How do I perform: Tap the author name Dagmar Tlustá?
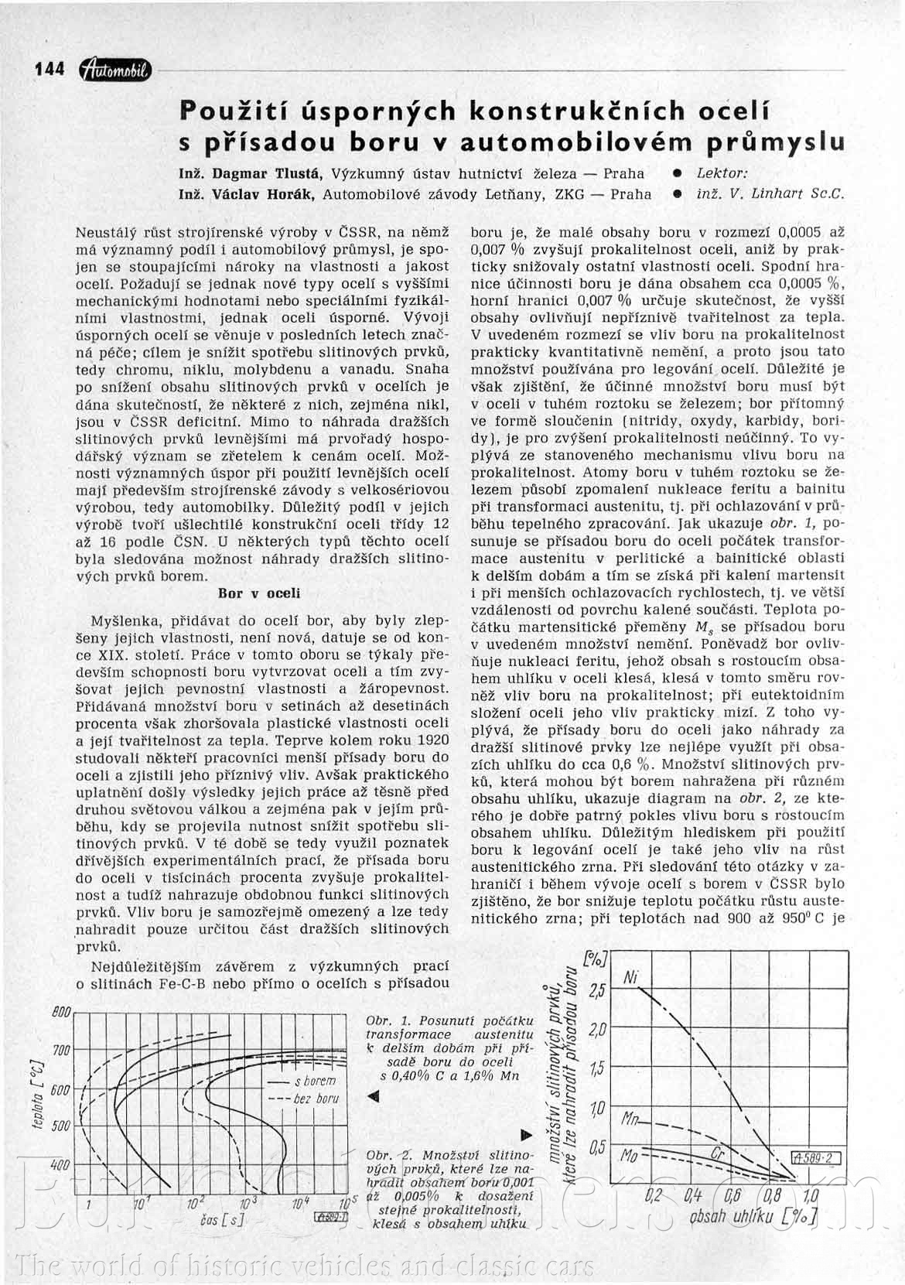(263, 173)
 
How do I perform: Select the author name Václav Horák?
(263, 194)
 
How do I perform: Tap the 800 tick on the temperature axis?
(61, 1012)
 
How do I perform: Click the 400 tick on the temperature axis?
(61, 1164)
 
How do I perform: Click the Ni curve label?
(630, 978)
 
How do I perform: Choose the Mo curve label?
(630, 1156)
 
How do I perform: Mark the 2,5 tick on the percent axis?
(596, 991)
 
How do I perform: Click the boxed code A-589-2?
(817, 1158)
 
